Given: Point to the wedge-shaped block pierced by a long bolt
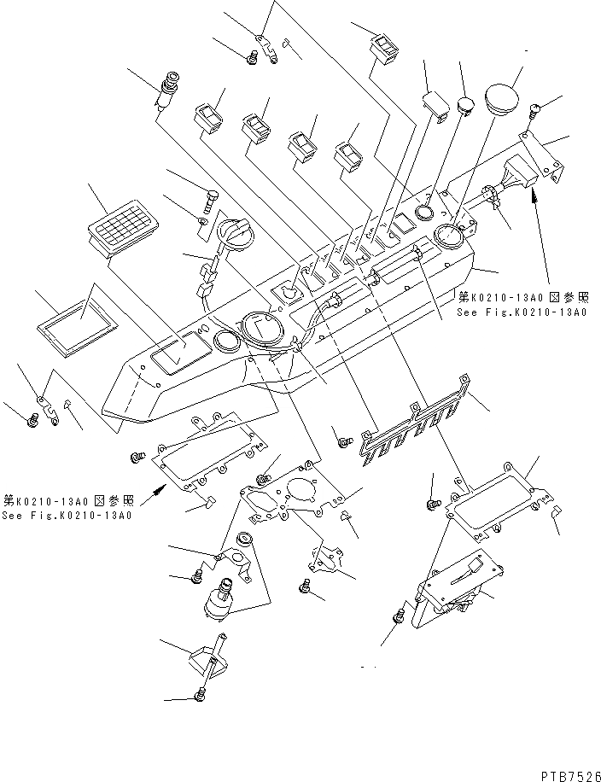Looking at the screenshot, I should (203, 660).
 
